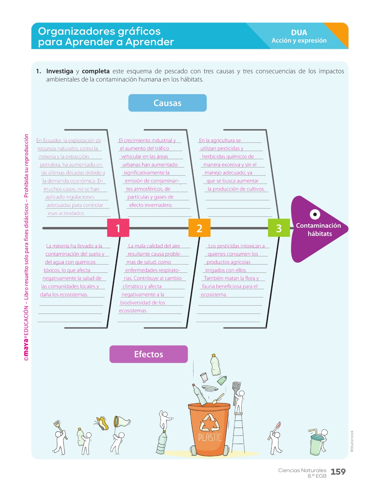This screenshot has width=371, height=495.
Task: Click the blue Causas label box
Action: click(x=167, y=103)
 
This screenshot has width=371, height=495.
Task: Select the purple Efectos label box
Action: click(x=148, y=354)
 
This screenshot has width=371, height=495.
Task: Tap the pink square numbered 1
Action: click(x=118, y=228)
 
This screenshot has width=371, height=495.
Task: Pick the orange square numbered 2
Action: click(x=199, y=228)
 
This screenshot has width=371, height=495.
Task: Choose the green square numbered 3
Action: click(x=279, y=228)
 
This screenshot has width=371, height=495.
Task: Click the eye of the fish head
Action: click(x=315, y=214)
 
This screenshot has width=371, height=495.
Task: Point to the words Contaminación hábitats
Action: click(x=319, y=230)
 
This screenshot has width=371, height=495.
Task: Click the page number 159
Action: click(x=338, y=472)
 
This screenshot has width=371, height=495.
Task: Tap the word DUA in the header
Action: click(x=299, y=32)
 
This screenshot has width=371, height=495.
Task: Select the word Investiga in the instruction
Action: click(x=60, y=71)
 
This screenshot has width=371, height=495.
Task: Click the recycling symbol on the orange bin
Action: click(x=209, y=423)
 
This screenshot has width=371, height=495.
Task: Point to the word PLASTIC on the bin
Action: click(x=210, y=437)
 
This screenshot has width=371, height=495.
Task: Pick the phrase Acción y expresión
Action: click(x=299, y=41)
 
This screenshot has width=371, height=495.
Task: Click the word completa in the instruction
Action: click(x=96, y=71)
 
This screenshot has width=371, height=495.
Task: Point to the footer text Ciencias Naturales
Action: click(x=302, y=470)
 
